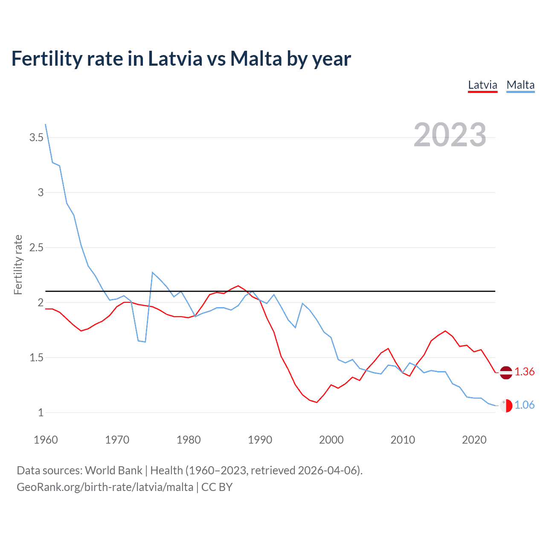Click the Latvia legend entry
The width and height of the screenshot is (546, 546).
482,85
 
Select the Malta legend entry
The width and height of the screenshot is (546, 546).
520,85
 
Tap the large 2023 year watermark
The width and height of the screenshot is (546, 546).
450,135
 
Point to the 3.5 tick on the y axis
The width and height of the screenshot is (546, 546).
36,137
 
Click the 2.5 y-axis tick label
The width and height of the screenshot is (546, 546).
36,247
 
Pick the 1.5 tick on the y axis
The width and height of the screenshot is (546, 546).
36,357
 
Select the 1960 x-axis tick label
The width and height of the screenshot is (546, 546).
46,440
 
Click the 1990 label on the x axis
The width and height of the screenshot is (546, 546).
260,440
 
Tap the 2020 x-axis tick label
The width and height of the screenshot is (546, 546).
474,440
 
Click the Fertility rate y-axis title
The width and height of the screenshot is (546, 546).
18,264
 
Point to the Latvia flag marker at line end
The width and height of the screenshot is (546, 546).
506,372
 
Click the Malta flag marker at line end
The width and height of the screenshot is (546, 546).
506,406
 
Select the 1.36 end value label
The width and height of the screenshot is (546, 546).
524,372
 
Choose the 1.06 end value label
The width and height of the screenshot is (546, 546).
524,405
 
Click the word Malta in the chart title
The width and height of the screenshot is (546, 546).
256,59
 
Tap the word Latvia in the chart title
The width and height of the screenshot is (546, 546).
175,59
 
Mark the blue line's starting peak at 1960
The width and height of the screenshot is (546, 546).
46,125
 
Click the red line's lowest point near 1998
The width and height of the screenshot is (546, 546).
317,402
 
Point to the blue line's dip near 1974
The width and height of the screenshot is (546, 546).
145,342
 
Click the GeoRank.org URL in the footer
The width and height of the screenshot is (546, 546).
105,487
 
